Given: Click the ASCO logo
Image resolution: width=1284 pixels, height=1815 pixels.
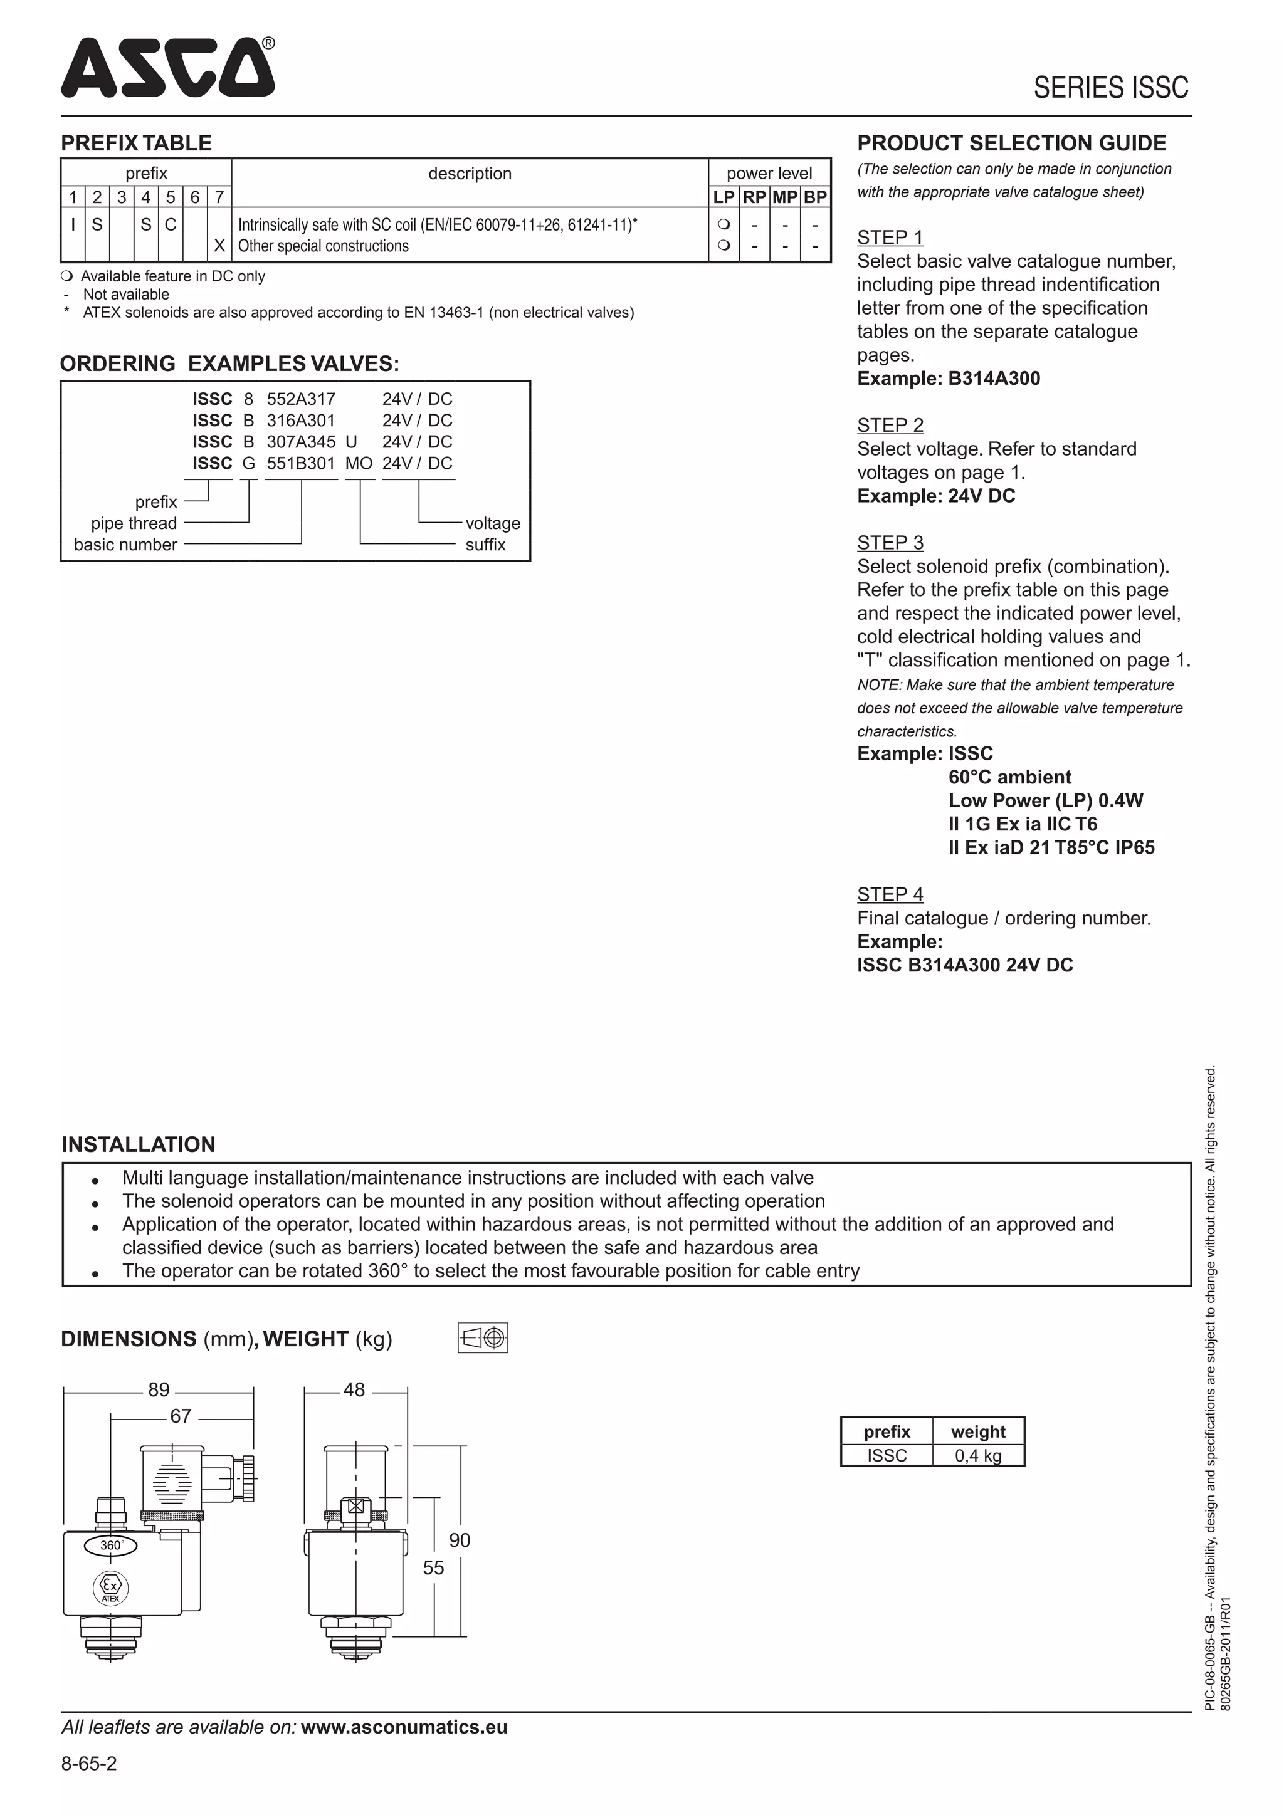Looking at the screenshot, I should pos(167,68).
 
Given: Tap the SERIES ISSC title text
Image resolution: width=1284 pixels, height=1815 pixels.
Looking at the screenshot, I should pos(1110,88).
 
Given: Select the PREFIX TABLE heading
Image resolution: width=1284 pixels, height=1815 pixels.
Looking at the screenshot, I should pos(136,143).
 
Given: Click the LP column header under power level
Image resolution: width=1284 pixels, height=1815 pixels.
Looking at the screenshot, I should pos(724,197).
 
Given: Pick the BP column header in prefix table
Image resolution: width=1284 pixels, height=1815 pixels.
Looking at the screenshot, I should pos(815,197).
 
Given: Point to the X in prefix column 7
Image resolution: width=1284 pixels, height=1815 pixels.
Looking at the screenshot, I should pos(219,246).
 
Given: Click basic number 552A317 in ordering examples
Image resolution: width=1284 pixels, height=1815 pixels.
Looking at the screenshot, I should pos(300,399).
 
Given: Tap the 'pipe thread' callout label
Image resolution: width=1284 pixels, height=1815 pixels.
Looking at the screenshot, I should pos(134,523).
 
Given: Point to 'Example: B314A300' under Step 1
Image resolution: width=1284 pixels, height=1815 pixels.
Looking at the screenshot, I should pos(948,379).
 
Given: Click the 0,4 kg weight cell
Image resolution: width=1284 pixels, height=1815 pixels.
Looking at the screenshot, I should pos(977,1455).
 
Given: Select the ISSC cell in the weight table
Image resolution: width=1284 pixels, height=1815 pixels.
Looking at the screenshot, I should pos(887,1455).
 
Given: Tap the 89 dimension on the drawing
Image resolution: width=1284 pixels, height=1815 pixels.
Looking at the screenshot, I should pos(159,1389).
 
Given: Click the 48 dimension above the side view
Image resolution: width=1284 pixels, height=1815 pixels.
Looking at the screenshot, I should pos(354,1389).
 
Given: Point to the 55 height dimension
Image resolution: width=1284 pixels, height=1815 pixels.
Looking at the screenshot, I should pos(433,1567).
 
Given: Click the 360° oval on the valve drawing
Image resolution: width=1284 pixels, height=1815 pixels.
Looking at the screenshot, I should pos(112,1546).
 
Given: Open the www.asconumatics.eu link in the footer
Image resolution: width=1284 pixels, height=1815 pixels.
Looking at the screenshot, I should pos(404,1727).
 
